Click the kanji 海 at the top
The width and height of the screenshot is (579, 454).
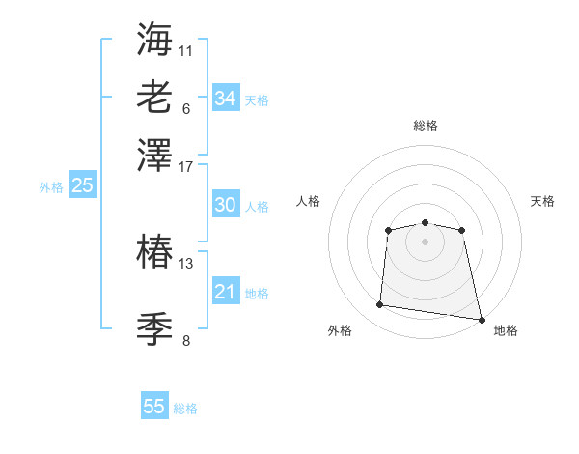pos(154,40)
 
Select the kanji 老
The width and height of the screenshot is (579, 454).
pos(154,98)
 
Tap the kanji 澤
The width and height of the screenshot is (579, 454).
pos(154,156)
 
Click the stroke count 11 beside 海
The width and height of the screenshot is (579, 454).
pos(185,49)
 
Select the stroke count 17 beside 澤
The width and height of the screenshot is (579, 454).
pos(185,165)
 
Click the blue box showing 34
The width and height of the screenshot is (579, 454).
pos(225,98)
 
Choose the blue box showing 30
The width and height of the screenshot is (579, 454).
pos(225,205)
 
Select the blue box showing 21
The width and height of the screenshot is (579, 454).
pos(225,292)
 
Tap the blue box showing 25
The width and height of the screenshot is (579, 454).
pos(82,186)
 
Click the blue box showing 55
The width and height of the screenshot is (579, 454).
pos(154,407)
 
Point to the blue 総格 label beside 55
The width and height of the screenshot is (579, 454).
pos(185,409)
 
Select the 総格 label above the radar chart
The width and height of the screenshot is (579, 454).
pos(425,127)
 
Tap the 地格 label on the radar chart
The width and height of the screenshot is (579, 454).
pos(506,331)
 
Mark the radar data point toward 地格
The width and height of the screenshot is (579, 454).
pos(480,318)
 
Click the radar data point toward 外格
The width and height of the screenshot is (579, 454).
pos(380,305)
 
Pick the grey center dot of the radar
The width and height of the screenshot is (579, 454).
pos(425,241)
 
